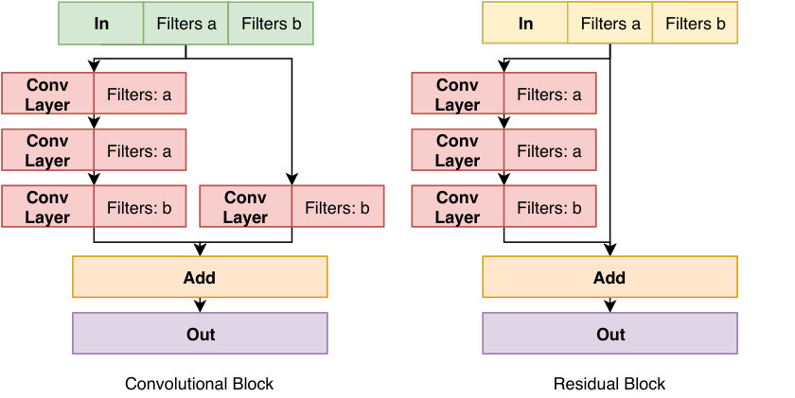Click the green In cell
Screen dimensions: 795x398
click(101, 24)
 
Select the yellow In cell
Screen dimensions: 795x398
click(524, 23)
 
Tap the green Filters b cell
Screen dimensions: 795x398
click(271, 24)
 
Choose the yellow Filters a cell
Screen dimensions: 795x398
click(609, 23)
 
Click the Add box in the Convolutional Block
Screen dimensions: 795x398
click(200, 276)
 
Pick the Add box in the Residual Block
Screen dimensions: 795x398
click(609, 276)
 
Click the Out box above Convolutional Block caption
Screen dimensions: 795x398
click(200, 333)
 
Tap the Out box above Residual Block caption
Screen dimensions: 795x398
click(609, 333)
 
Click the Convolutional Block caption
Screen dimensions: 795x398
click(200, 384)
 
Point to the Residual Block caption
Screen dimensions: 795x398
click(609, 384)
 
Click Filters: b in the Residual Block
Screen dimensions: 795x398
click(549, 208)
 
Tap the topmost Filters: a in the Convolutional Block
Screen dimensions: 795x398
click(139, 95)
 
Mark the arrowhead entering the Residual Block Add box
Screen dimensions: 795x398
click(609, 251)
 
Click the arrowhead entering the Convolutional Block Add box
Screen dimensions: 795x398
click(201, 251)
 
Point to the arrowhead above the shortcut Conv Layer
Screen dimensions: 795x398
click(292, 180)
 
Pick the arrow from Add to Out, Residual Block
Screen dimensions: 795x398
click(609, 304)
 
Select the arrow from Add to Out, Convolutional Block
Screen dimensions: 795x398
click(201, 304)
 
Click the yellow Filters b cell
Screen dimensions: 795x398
click(695, 23)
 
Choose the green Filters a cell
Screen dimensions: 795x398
click(186, 24)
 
